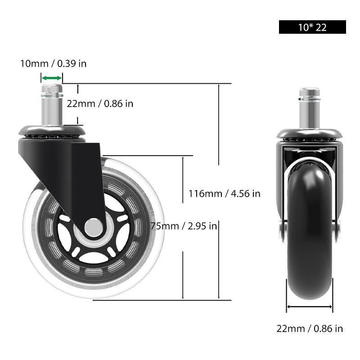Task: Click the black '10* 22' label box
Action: [x=312, y=27]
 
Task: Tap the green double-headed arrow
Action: [x=51, y=78]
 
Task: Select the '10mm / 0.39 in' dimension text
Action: [x=53, y=63]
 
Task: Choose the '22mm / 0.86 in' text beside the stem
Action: [x=100, y=103]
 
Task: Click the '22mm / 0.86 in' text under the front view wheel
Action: [x=310, y=329]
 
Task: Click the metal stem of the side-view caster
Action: [x=51, y=108]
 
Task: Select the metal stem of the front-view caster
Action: [x=310, y=110]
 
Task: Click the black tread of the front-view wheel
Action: [x=310, y=234]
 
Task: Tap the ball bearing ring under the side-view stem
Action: [x=51, y=135]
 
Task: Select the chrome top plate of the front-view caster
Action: [x=310, y=134]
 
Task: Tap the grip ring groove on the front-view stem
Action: [x=310, y=95]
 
